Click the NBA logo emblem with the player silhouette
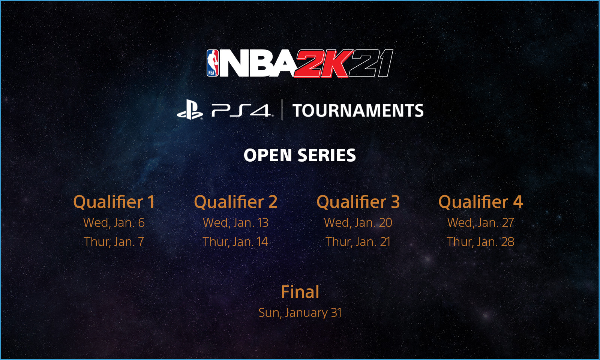click(212, 63)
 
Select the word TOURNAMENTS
click(358, 110)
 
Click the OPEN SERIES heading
click(300, 155)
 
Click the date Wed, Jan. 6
click(114, 223)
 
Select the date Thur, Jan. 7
click(114, 241)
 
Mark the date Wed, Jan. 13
click(236, 223)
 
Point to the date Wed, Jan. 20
click(358, 223)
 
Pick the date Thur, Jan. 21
click(358, 241)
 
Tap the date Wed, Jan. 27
click(480, 223)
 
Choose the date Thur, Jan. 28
click(480, 241)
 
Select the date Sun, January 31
click(300, 313)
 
